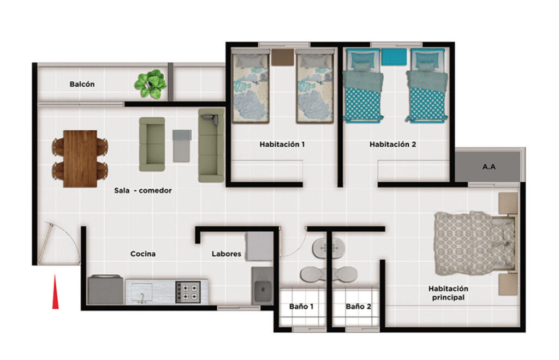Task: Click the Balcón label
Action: click(x=82, y=85)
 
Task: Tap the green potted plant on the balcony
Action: click(x=151, y=84)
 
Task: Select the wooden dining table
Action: click(x=80, y=159)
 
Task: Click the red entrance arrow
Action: click(x=55, y=291)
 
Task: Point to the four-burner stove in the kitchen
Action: click(x=188, y=292)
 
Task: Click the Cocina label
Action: click(x=143, y=254)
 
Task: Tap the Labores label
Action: click(x=227, y=254)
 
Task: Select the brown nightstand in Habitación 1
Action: click(x=282, y=57)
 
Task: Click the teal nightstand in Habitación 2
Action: click(x=394, y=57)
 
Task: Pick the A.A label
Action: click(x=489, y=166)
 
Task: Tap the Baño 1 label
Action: click(x=301, y=306)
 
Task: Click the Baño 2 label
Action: click(x=358, y=306)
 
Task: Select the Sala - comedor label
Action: click(x=143, y=190)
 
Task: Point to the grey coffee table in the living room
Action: click(x=182, y=146)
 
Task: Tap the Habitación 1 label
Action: click(x=282, y=144)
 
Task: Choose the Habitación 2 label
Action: click(x=393, y=144)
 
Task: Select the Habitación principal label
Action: click(x=449, y=293)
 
